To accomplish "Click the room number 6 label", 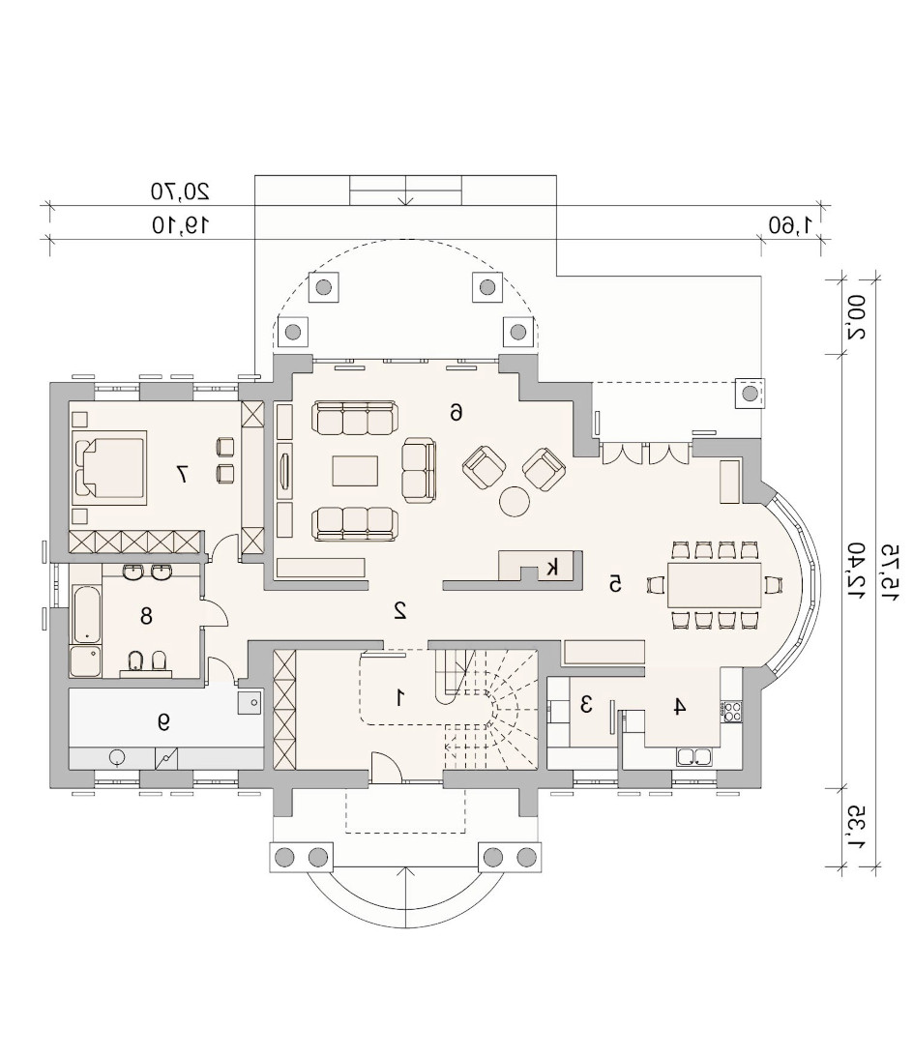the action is pyautogui.click(x=456, y=412).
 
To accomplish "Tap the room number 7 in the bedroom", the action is pyautogui.click(x=181, y=474).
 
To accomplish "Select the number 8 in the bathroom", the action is pyautogui.click(x=146, y=616).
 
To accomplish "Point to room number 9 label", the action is pyautogui.click(x=163, y=722).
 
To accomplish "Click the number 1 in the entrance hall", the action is pyautogui.click(x=400, y=698).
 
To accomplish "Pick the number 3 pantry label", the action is pyautogui.click(x=586, y=705).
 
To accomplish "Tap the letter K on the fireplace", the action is pyautogui.click(x=552, y=567).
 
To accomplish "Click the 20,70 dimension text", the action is pyautogui.click(x=180, y=191).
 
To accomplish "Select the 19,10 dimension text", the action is pyautogui.click(x=180, y=224).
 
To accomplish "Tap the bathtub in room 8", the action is pyautogui.click(x=85, y=614).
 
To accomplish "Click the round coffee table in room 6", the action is pyautogui.click(x=515, y=501).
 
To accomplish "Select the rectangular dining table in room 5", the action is pyautogui.click(x=715, y=585).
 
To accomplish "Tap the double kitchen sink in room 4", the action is pyautogui.click(x=695, y=757).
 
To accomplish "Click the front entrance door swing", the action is pyautogui.click(x=386, y=768).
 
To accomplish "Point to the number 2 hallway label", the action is pyautogui.click(x=400, y=610).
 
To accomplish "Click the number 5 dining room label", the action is pyautogui.click(x=614, y=584).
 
